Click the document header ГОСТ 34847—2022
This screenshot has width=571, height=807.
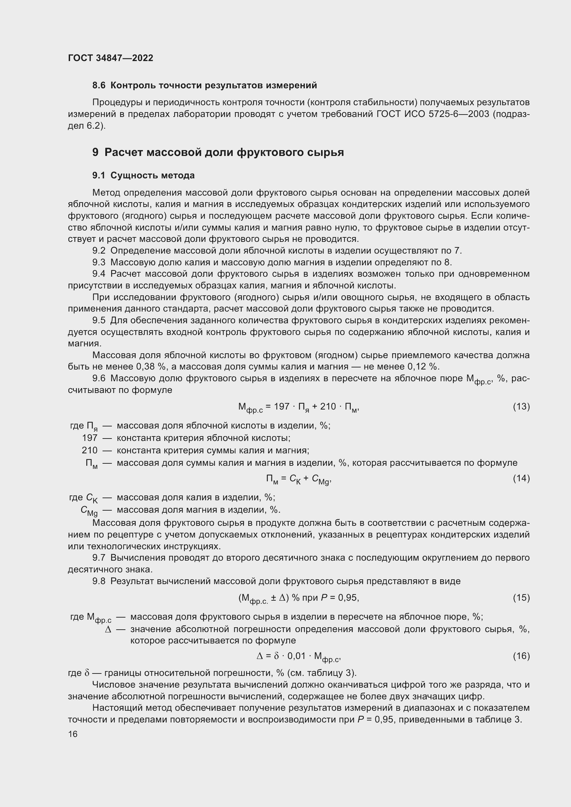[x=110, y=58]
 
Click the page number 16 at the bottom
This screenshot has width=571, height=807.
[x=73, y=734]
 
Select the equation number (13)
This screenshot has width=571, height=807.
[x=521, y=407]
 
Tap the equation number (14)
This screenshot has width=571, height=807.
[x=521, y=478]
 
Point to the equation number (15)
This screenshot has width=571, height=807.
[x=521, y=598]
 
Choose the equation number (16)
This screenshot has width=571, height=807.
[x=521, y=656]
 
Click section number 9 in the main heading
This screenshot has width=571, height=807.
[x=96, y=152]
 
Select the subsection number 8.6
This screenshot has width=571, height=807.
[x=99, y=86]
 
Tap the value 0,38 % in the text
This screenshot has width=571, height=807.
[x=151, y=367]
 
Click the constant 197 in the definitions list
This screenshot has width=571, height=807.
[x=90, y=438]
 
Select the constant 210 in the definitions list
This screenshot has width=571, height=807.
[x=90, y=450]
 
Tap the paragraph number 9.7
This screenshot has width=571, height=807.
[x=99, y=558]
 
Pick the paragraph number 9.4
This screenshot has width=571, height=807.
[x=99, y=274]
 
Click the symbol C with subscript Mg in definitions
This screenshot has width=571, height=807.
[x=89, y=510]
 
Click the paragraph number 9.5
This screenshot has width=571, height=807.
[x=99, y=321]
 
